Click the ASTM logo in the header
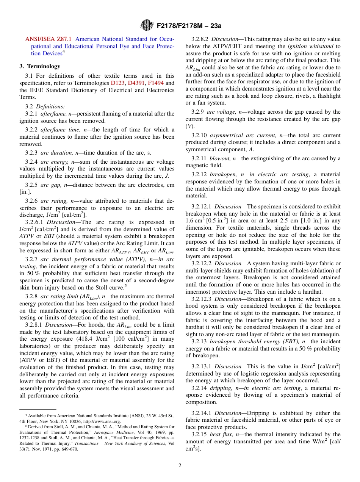[146, 25]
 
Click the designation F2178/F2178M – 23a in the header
[187, 26]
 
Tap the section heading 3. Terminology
[40, 66]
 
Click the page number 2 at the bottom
[180, 466]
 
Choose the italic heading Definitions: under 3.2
[50, 106]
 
